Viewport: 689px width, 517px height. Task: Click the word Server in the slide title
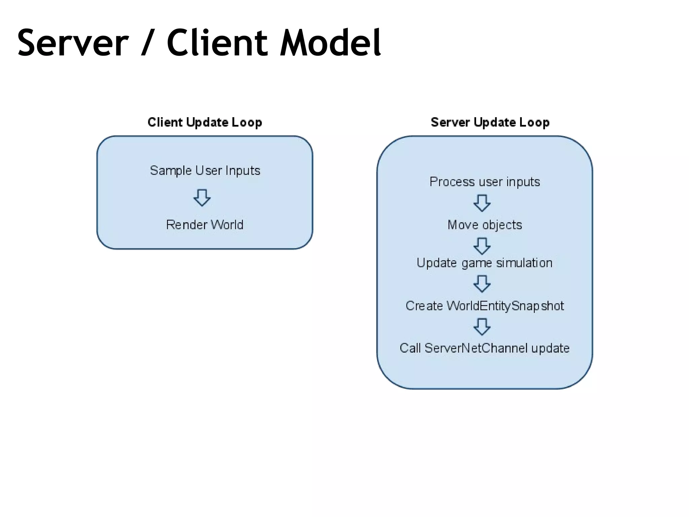point(73,43)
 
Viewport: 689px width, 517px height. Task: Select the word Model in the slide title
point(330,43)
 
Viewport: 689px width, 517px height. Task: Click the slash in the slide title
point(147,43)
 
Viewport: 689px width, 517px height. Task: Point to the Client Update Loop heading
point(205,122)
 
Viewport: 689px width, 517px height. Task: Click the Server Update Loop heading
point(490,122)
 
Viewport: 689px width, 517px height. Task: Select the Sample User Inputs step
point(205,171)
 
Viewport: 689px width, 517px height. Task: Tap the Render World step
point(205,225)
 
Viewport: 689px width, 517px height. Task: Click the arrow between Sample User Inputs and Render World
point(202,198)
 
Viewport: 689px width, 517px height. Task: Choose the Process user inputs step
point(484,182)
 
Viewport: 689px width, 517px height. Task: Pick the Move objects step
point(484,225)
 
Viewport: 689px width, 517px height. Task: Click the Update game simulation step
point(484,263)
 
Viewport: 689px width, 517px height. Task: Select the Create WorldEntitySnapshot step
point(484,306)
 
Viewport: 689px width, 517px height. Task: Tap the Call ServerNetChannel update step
point(484,348)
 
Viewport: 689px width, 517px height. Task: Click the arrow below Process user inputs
point(482,203)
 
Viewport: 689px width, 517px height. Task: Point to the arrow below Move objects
point(482,246)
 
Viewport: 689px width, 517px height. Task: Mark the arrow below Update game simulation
point(482,284)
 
